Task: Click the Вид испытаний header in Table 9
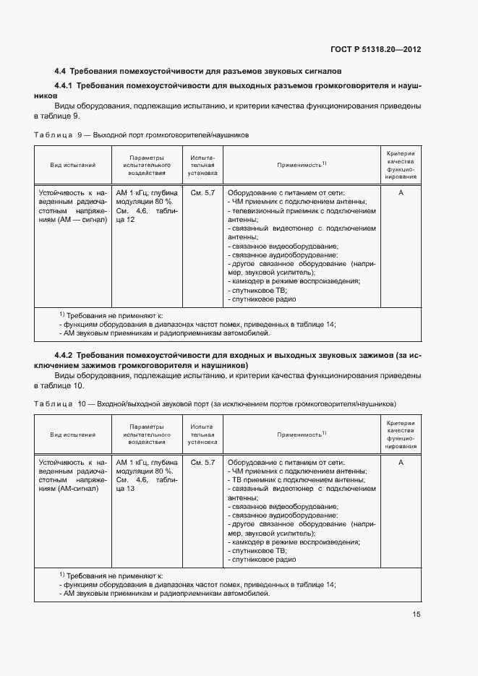click(72, 165)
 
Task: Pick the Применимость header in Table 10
click(302, 435)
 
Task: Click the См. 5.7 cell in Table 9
click(202, 193)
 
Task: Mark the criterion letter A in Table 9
click(400, 193)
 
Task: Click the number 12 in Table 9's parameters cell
click(130, 219)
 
